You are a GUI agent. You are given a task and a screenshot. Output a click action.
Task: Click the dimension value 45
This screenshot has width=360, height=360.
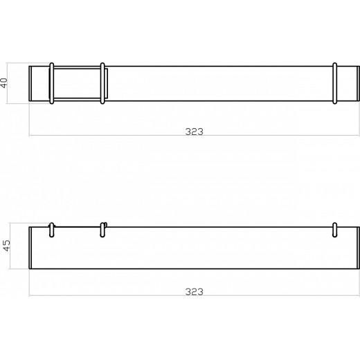click(6, 248)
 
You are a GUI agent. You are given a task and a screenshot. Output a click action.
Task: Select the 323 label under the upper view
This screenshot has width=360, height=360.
click(195, 130)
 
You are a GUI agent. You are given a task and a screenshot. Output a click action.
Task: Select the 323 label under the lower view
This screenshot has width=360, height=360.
click(195, 291)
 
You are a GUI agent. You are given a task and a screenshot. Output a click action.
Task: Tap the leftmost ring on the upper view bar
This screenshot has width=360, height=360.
click(52, 83)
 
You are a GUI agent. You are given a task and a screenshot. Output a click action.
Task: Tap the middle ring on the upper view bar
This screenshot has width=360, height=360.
click(102, 83)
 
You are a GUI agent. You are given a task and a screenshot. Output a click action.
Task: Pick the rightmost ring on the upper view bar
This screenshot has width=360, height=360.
click(335, 83)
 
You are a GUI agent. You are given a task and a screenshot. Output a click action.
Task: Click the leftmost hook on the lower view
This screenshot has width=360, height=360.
click(52, 230)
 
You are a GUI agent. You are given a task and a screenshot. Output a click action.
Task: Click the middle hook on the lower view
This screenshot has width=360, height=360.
click(103, 230)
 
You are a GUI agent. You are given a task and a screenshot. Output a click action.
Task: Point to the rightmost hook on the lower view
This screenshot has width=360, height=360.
click(335, 230)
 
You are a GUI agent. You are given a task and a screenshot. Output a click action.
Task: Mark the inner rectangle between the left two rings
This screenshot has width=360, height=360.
click(77, 83)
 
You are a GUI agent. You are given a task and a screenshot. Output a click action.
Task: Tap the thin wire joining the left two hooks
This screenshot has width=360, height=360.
click(77, 226)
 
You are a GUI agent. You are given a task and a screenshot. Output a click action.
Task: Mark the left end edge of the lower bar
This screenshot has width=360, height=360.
click(30, 248)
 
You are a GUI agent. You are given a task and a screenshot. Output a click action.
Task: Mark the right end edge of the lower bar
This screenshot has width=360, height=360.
click(359, 248)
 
